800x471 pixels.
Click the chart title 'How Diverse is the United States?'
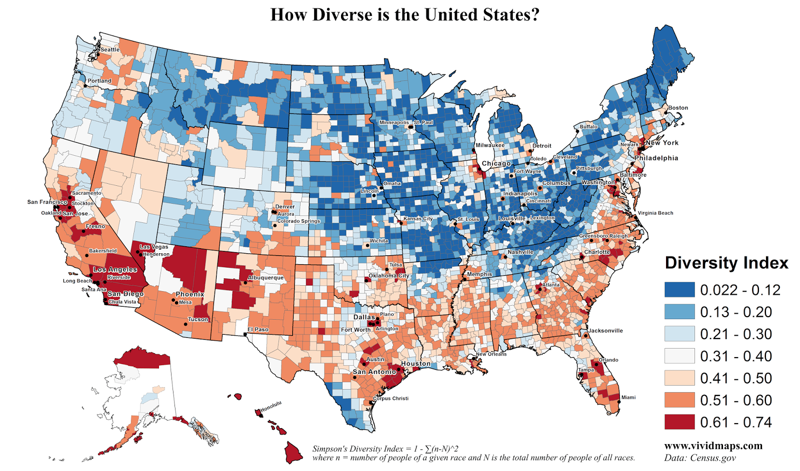click(405, 14)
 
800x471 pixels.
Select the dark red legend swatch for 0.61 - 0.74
click(679, 422)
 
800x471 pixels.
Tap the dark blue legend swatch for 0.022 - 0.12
click(679, 290)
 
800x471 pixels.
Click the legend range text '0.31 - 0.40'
click(735, 356)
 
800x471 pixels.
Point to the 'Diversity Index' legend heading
click(726, 263)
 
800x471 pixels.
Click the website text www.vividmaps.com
click(713, 446)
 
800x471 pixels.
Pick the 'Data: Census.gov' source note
click(700, 458)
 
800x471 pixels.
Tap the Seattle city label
click(110, 49)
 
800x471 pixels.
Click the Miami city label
click(628, 398)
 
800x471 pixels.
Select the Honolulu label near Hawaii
click(271, 407)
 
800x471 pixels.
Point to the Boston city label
click(678, 107)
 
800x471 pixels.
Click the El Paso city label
click(258, 330)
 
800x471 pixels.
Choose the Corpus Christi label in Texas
click(391, 399)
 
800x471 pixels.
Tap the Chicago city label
click(496, 163)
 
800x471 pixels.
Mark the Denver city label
click(285, 206)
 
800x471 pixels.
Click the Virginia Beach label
click(655, 213)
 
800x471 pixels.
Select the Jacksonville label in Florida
click(605, 331)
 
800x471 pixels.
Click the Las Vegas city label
click(154, 247)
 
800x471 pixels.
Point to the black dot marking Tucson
click(185, 324)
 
